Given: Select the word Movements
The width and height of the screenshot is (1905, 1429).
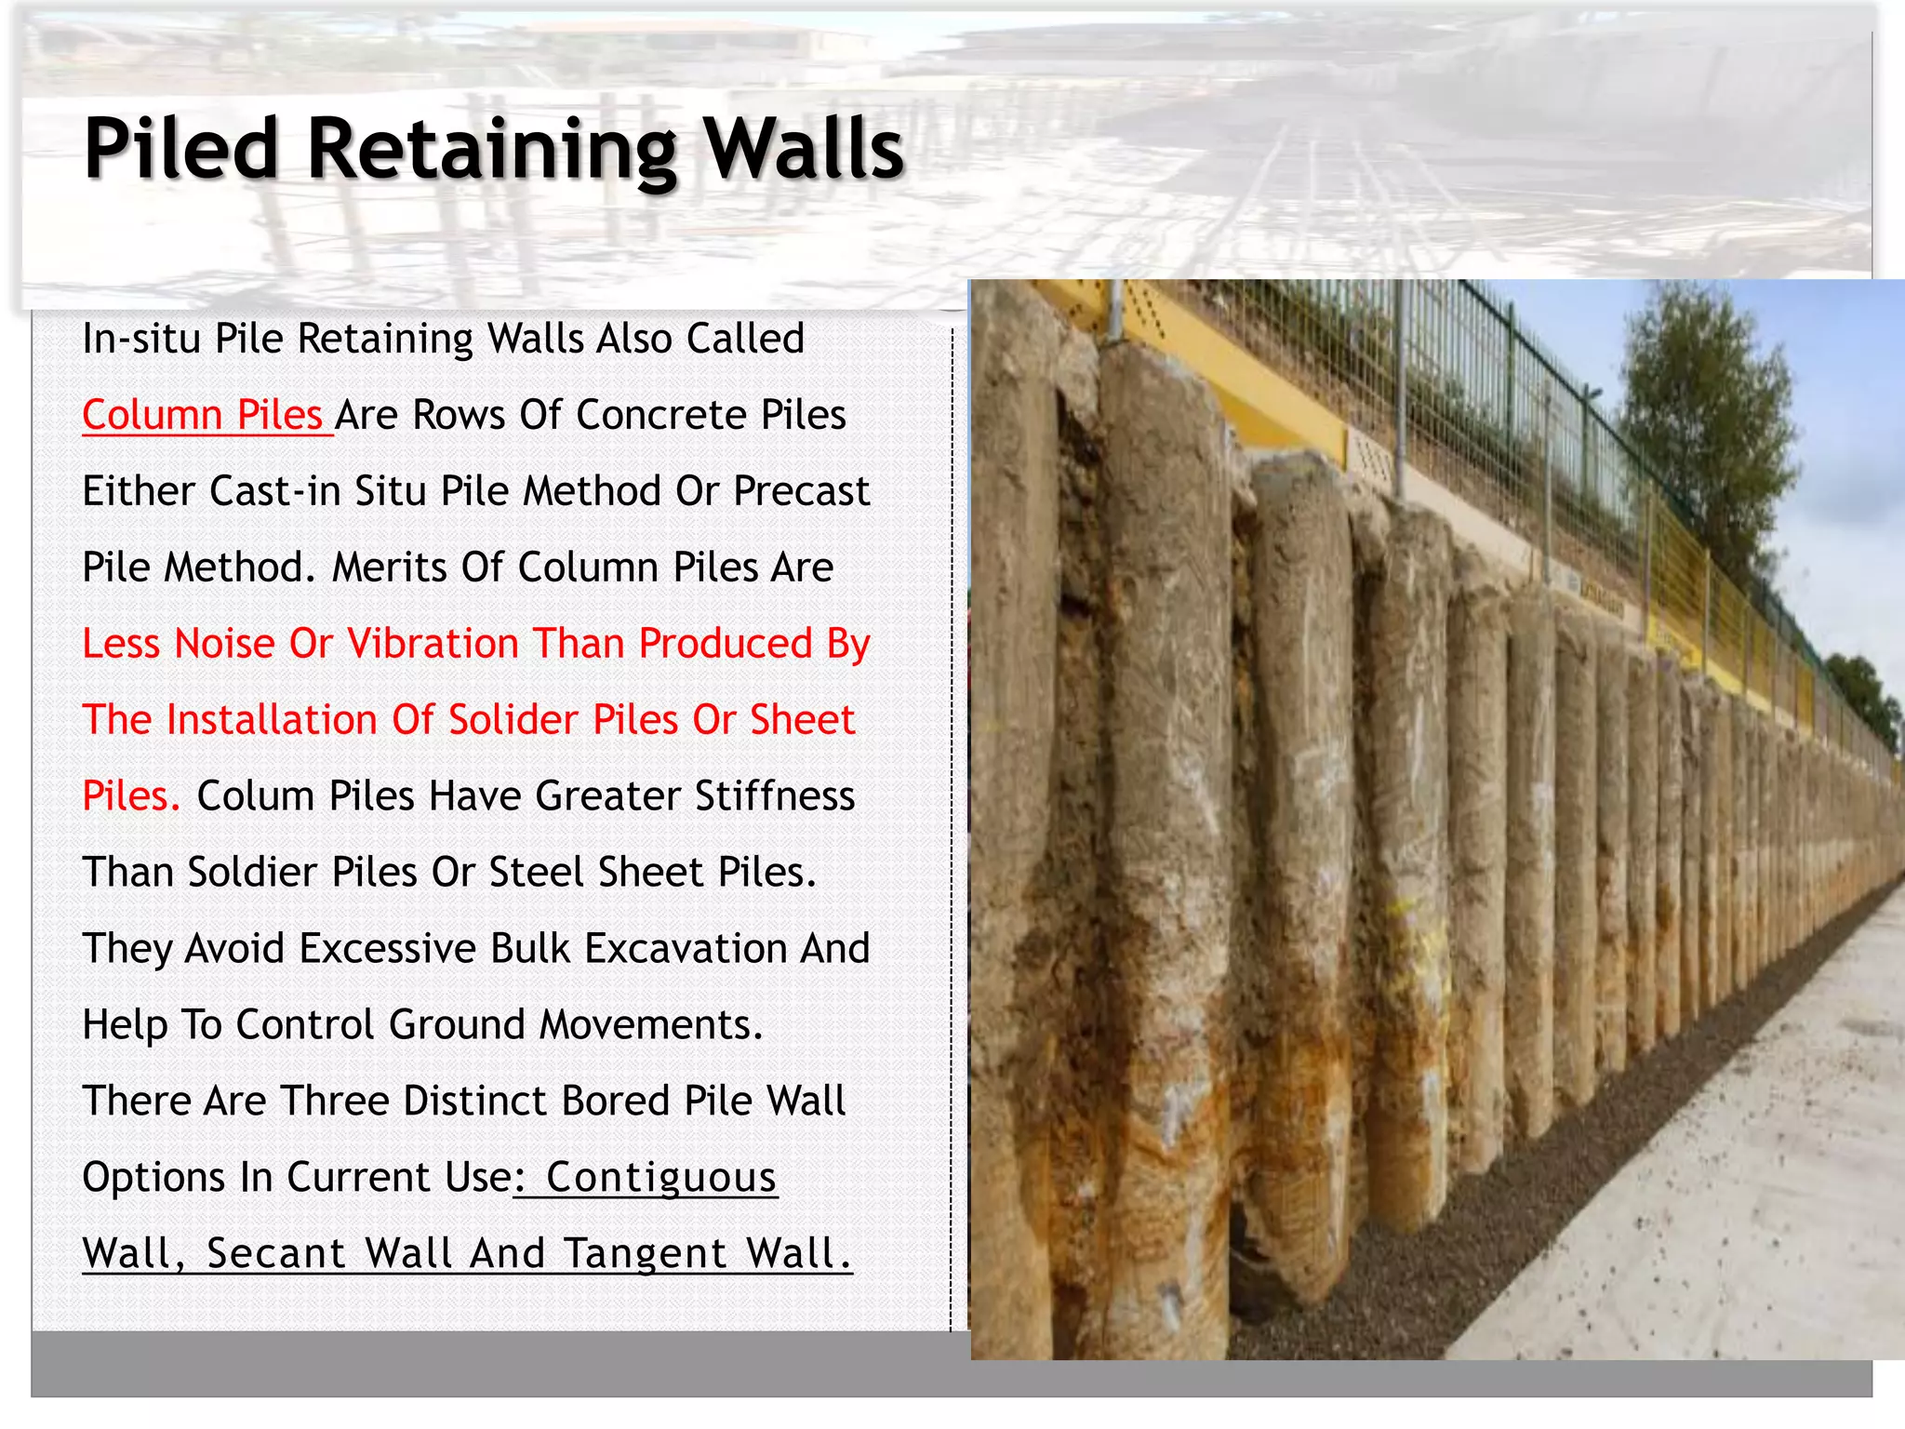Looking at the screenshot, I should click(651, 1025).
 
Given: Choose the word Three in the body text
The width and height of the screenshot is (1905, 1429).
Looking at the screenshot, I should click(335, 1102).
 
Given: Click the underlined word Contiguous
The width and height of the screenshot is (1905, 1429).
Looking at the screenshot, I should click(660, 1178).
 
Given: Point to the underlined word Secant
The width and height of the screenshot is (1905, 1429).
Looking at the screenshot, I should click(277, 1254).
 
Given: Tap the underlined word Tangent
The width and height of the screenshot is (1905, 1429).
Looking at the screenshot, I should click(647, 1254).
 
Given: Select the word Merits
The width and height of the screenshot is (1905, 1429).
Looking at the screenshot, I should click(387, 568).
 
